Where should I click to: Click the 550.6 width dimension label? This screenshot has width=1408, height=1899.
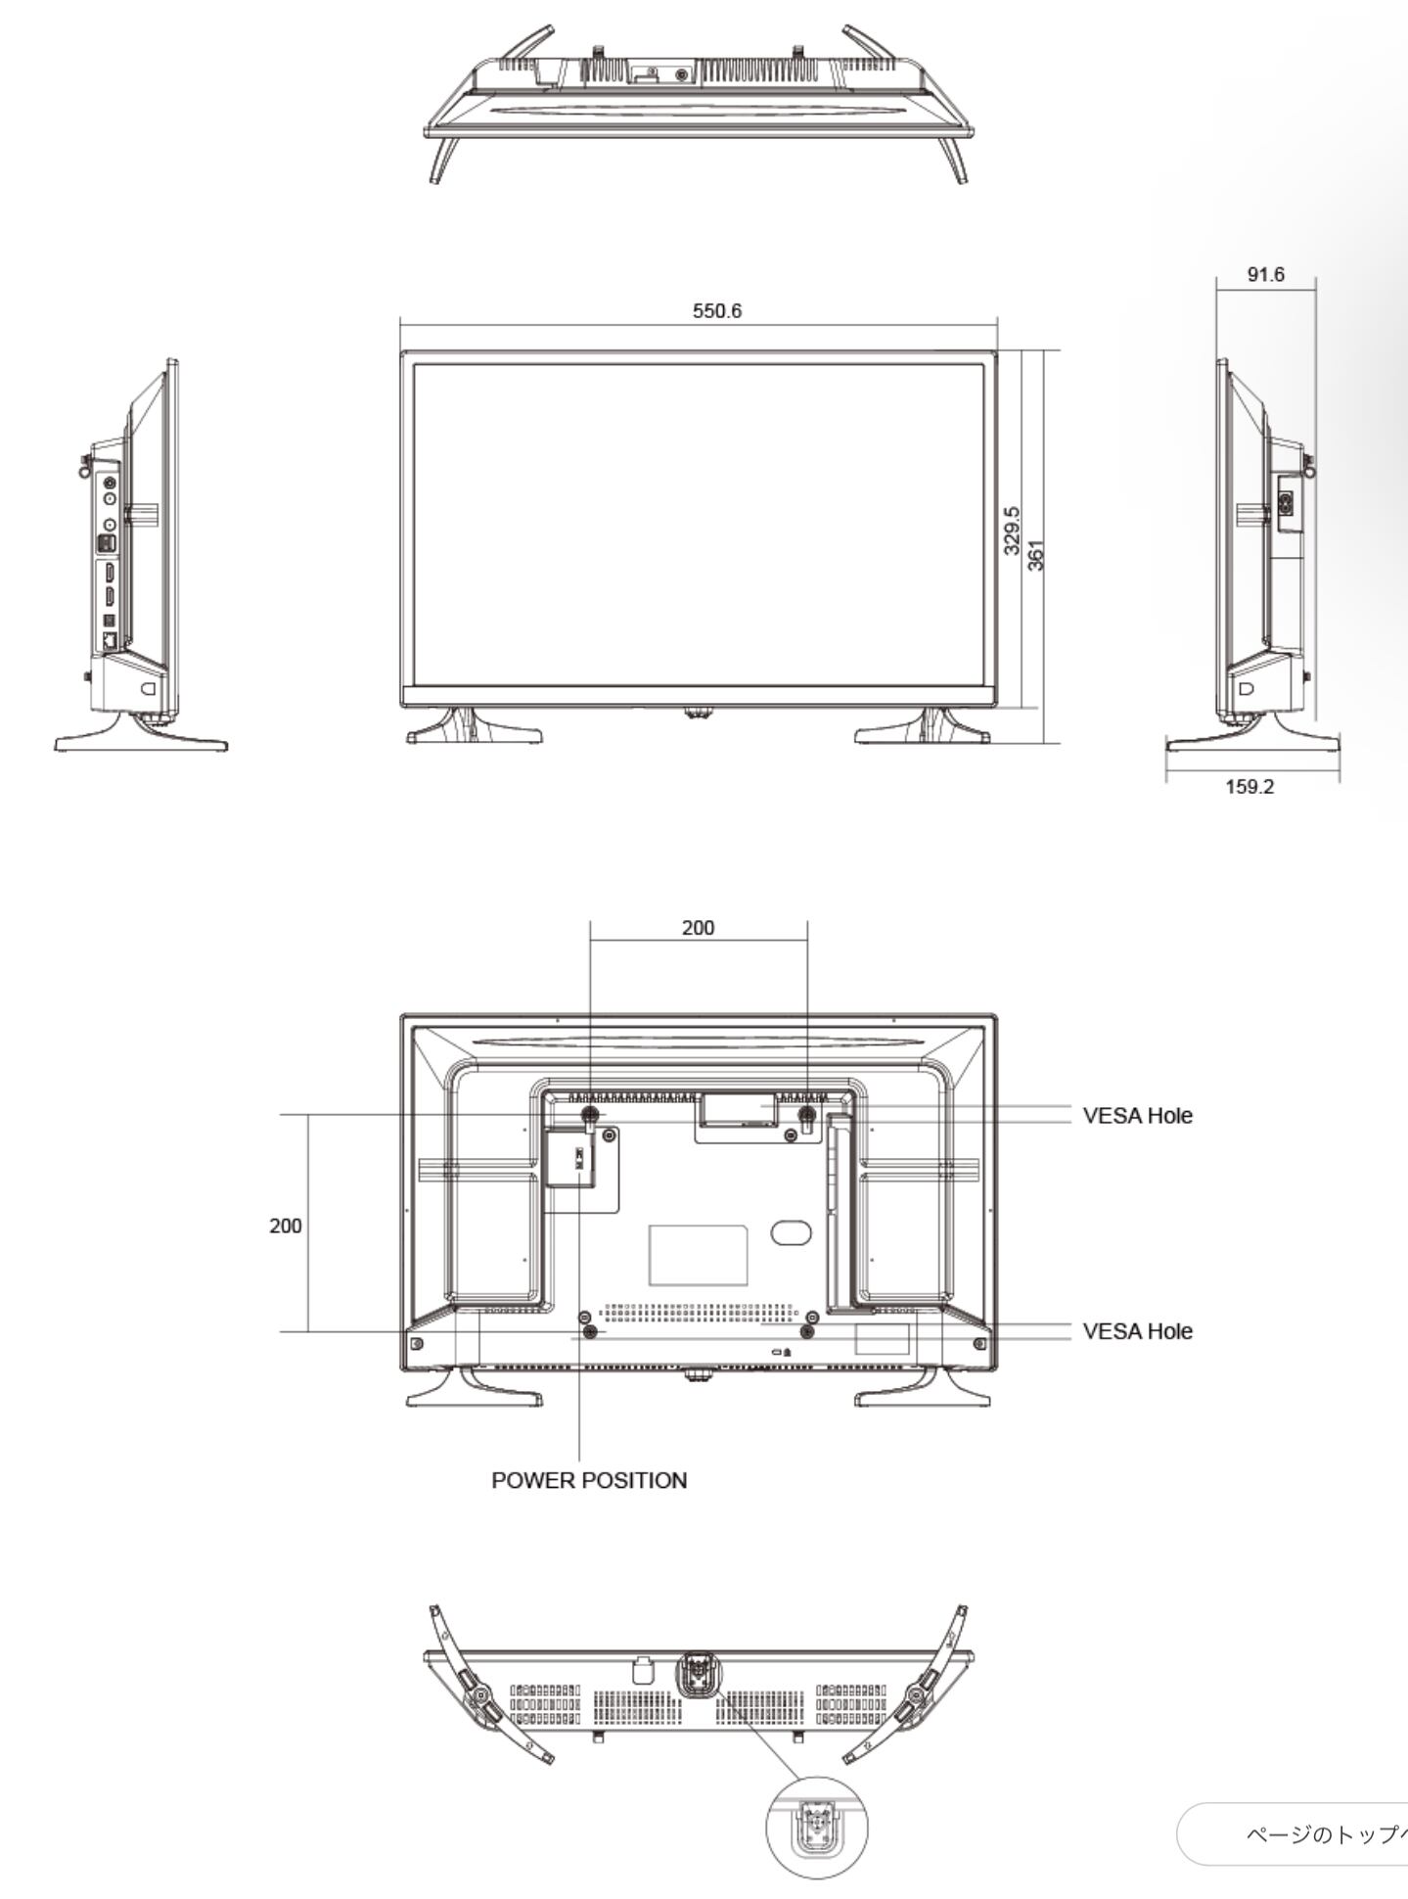point(717,311)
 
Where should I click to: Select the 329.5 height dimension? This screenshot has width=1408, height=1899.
point(1013,531)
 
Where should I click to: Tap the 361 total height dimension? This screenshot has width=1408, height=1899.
point(1036,555)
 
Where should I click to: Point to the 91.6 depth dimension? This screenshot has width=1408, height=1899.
point(1265,275)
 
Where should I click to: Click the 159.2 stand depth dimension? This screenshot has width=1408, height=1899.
point(1249,787)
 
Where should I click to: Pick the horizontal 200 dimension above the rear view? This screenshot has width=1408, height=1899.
point(698,928)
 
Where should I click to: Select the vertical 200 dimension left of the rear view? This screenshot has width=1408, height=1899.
point(286,1226)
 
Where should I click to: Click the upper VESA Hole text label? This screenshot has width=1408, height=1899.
point(1138,1116)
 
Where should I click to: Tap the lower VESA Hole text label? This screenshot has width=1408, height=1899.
point(1138,1331)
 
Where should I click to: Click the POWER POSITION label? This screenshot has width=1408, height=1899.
point(589,1480)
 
